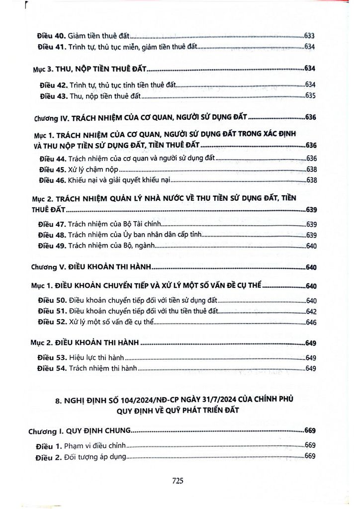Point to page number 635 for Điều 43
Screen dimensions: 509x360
311,95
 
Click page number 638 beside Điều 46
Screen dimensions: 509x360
312,180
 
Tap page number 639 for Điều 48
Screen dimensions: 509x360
312,235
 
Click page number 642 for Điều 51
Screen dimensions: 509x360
312,312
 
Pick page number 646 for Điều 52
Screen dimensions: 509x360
312,323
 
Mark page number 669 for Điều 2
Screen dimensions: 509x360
310,456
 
